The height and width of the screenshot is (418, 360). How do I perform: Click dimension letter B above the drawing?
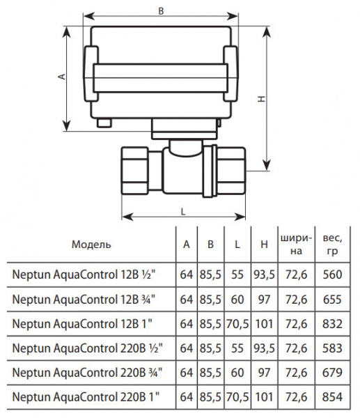(161, 11)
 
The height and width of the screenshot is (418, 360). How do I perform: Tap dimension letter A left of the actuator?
(62, 77)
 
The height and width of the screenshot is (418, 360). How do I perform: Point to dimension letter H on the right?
(262, 99)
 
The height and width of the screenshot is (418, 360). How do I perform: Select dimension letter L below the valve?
(183, 212)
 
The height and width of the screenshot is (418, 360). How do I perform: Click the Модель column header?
(91, 245)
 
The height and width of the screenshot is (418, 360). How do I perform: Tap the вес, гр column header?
(332, 244)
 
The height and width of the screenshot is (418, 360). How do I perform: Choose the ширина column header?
(296, 244)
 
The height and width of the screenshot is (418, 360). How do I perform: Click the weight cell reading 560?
(332, 274)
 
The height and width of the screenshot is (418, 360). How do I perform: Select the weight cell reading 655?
(332, 300)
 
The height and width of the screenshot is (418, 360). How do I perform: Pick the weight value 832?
(332, 324)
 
